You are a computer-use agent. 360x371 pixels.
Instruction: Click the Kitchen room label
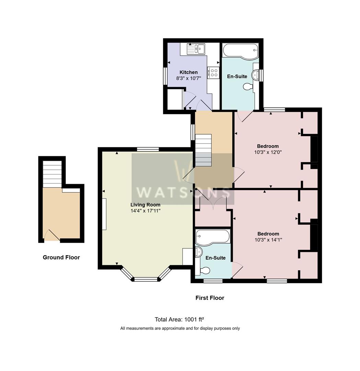pos(188,72)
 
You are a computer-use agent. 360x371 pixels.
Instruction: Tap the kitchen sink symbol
pos(196,49)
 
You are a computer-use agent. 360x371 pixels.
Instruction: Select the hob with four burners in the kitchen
pos(214,73)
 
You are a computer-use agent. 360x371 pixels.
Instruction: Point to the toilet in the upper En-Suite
pos(248,87)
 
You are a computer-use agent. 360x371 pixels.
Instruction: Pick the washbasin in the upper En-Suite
pos(255,75)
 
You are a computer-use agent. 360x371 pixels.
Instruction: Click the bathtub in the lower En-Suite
pos(212,236)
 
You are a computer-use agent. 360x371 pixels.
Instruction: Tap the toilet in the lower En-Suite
pos(205,271)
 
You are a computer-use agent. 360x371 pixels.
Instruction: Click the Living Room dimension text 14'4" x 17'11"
pos(146,211)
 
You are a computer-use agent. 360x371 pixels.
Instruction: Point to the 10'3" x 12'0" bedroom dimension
pos(268,152)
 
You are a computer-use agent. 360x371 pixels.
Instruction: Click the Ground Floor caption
pos(61,257)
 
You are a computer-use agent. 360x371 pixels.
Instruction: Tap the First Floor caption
pos(210,298)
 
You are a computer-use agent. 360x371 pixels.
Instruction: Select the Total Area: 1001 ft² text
pos(180,319)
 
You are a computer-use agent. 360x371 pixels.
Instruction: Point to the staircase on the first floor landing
pos(204,150)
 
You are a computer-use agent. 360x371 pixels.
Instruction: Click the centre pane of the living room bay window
pos(146,279)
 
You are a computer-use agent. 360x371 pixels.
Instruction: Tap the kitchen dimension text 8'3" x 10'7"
pos(188,78)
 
